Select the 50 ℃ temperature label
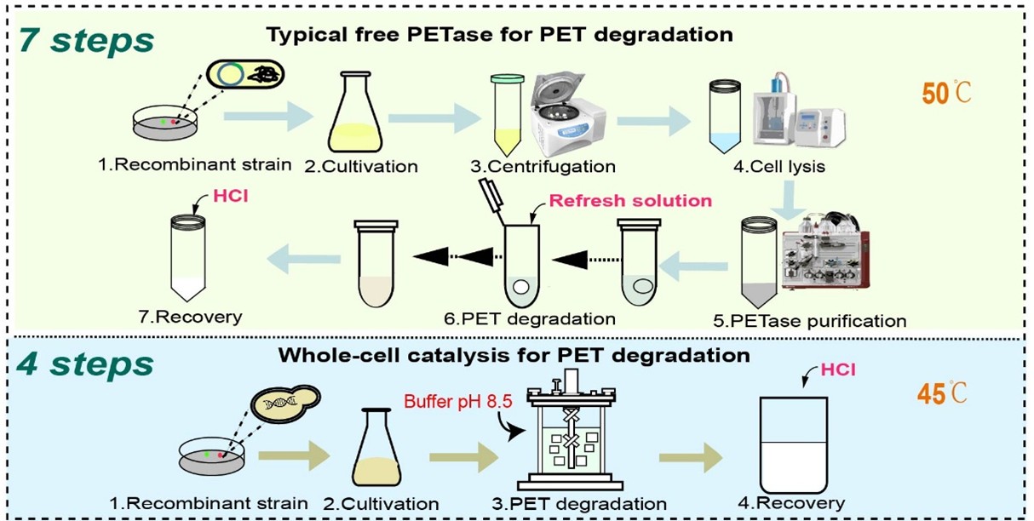coord(946,93)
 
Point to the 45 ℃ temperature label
coord(945,393)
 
